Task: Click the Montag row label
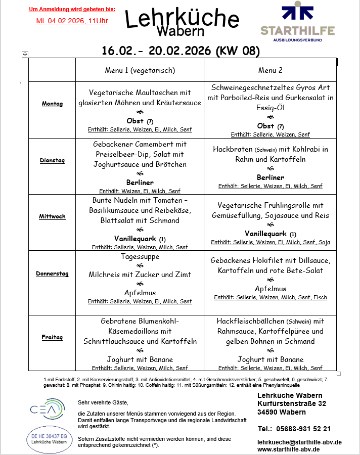(52, 104)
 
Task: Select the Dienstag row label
(52, 160)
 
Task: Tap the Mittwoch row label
(52, 216)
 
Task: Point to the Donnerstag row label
(52, 274)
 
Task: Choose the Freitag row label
(52, 337)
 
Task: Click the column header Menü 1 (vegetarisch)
(140, 70)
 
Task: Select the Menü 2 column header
(270, 70)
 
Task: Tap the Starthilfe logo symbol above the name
(297, 13)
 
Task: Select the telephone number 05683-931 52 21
(303, 429)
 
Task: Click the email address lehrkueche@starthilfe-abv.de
(299, 442)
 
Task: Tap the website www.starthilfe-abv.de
(288, 449)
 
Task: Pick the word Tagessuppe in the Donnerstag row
(140, 256)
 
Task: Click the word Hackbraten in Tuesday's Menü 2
(233, 149)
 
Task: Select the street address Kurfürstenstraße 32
(292, 403)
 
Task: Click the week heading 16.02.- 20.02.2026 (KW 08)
(181, 51)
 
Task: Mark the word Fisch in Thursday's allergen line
(320, 297)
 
